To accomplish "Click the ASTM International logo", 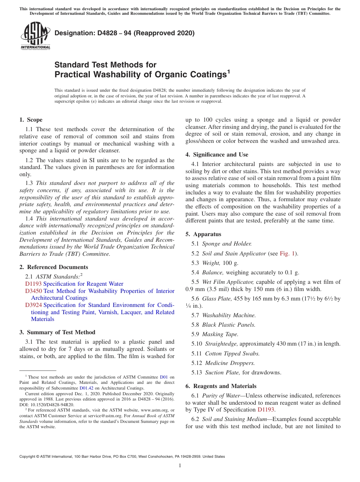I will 35,36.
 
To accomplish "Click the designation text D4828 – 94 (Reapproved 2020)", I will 124,33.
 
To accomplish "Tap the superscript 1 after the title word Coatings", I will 229,71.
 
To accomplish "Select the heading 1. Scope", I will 31,120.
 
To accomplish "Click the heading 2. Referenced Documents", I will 53,267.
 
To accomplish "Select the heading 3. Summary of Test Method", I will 57,332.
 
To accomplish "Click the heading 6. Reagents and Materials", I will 221,386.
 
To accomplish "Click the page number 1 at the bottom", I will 180,465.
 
